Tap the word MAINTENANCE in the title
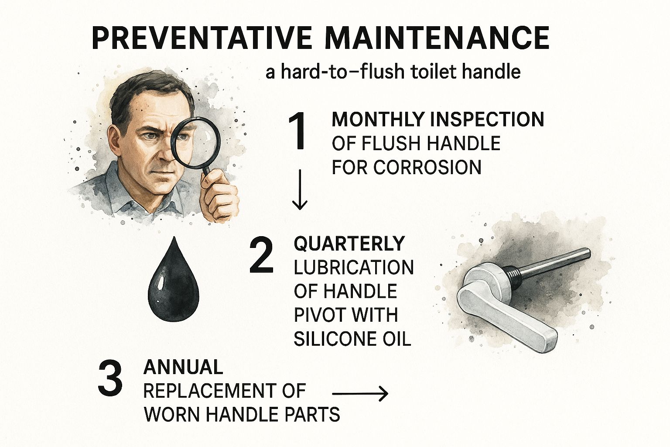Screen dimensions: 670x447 click(438, 39)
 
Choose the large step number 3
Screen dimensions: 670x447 click(110, 378)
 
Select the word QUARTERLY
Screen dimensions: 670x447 click(349, 244)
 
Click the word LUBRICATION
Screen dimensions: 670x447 click(354, 267)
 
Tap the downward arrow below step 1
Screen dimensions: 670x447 click(299, 189)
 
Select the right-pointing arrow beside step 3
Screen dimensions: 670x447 click(360, 394)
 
